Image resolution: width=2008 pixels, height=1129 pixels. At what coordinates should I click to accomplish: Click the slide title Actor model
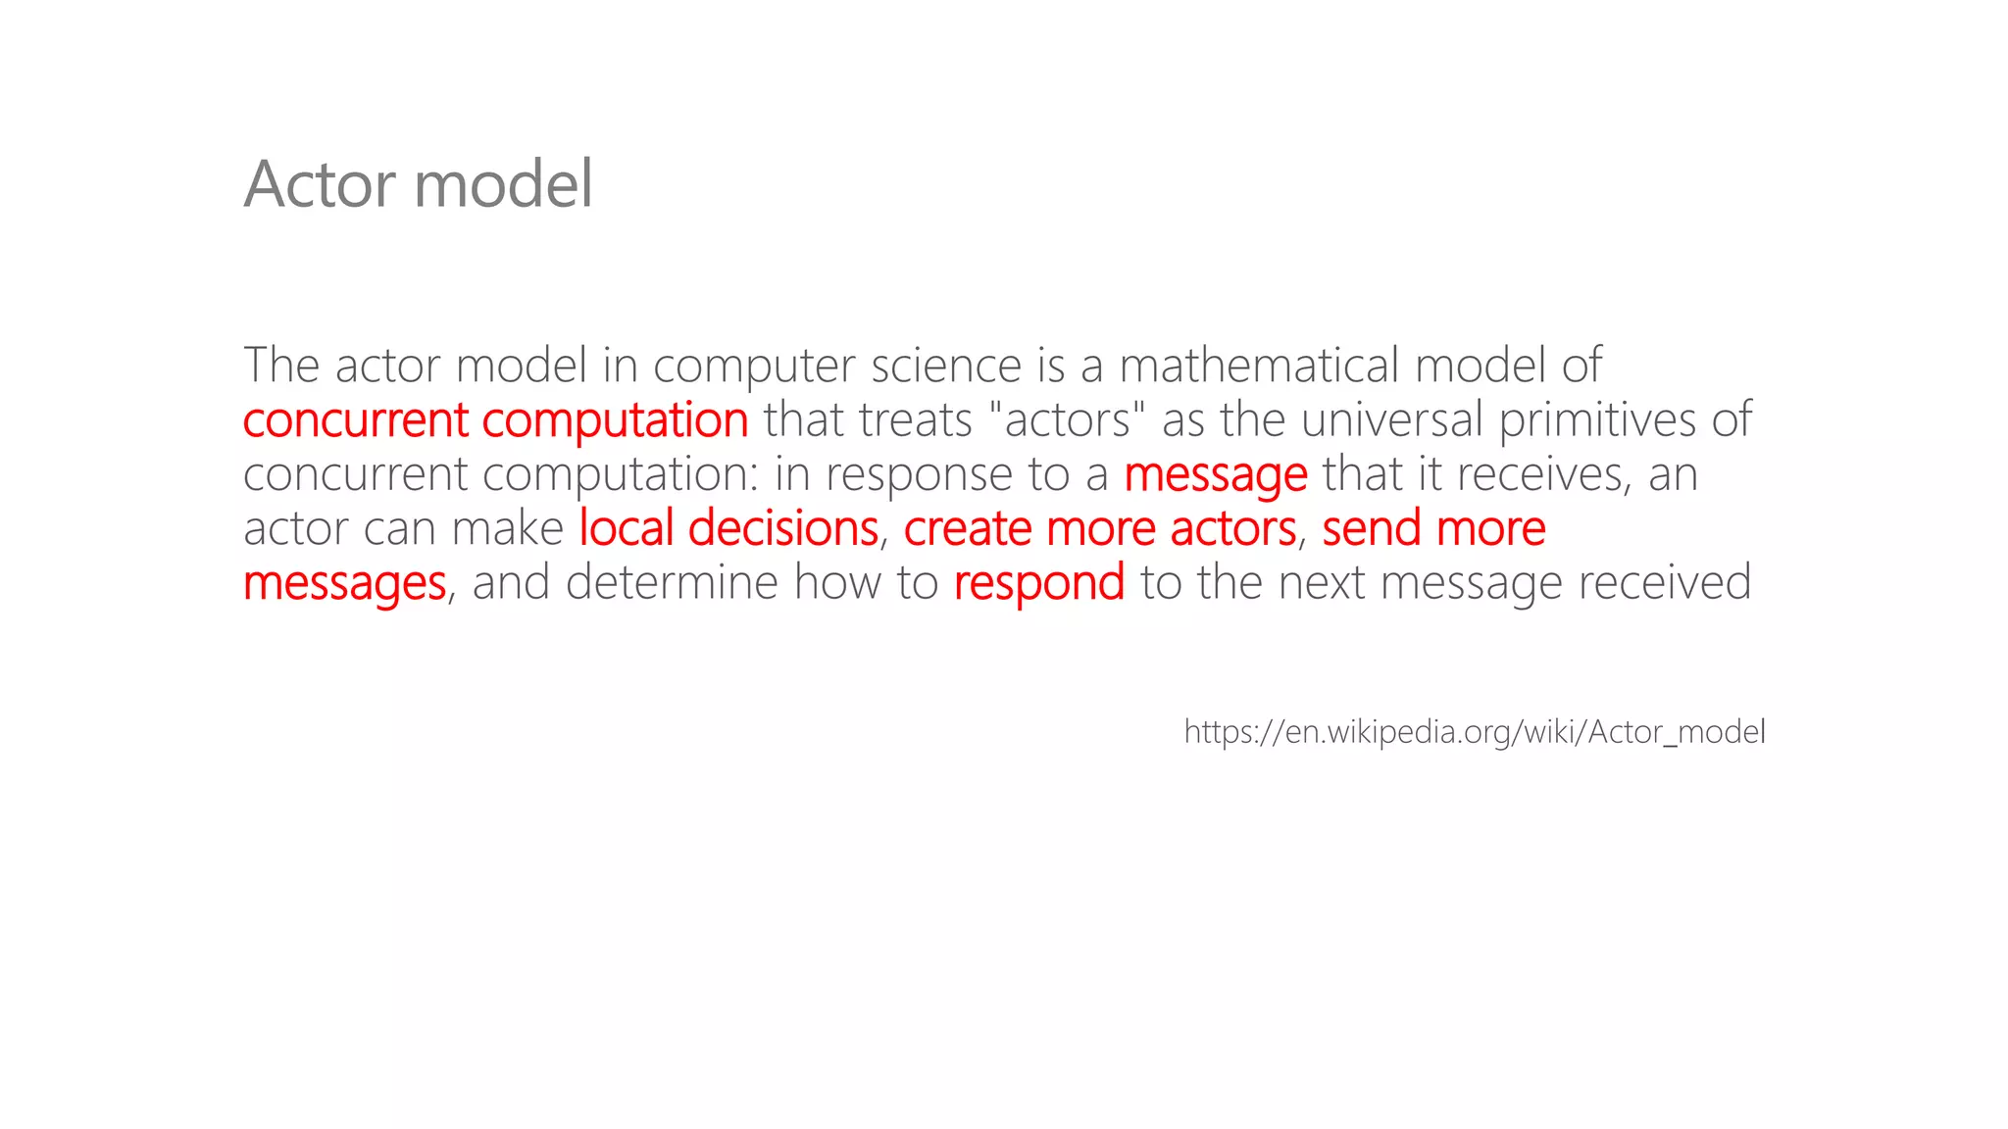(418, 183)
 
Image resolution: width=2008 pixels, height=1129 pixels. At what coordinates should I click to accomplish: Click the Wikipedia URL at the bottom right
(1474, 732)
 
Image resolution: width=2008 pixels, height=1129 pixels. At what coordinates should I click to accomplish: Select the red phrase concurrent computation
(495, 420)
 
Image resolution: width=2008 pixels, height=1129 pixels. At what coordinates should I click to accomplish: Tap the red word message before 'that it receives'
(1215, 475)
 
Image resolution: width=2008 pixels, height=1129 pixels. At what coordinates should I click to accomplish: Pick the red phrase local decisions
(728, 529)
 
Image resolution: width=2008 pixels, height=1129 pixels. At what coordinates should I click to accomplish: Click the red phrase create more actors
(1100, 529)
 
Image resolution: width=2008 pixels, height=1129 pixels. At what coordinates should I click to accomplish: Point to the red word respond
(1038, 583)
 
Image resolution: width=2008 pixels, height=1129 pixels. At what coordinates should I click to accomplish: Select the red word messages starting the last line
(344, 583)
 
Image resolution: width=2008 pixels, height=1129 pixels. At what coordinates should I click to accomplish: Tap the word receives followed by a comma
(1540, 474)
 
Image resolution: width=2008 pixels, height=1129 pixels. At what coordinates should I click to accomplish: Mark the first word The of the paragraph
(280, 366)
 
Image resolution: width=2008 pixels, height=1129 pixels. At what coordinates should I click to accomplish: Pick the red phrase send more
(1433, 529)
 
